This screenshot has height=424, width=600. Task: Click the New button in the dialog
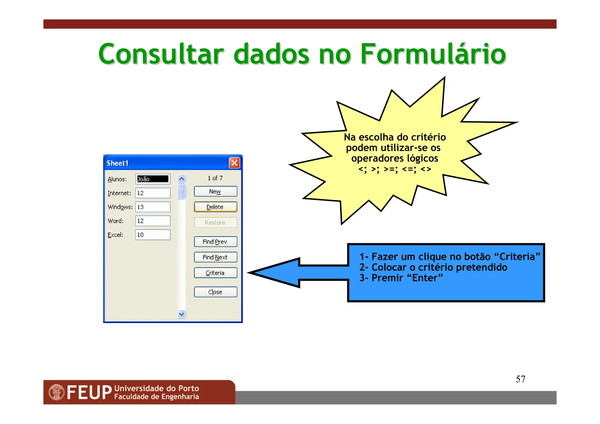tap(215, 191)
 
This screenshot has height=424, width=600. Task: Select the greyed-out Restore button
tap(215, 222)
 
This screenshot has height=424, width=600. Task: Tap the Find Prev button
tap(215, 242)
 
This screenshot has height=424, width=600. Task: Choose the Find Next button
tap(215, 257)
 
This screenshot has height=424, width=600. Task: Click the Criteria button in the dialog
tap(215, 273)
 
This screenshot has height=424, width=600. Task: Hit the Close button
tap(215, 292)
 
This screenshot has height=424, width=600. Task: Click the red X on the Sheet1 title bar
tap(234, 163)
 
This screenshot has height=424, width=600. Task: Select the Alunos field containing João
tap(153, 179)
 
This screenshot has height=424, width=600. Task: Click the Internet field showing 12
tap(153, 193)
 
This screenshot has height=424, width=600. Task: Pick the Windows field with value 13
tap(153, 207)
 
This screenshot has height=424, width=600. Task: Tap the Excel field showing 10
tap(153, 235)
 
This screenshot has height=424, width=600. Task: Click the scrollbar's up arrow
tap(182, 178)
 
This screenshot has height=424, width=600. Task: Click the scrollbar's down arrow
tap(182, 314)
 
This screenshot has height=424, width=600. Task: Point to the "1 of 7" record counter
tap(215, 178)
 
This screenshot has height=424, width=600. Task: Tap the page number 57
tap(520, 379)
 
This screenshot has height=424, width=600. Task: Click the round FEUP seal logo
tap(57, 392)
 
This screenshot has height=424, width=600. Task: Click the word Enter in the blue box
tap(425, 278)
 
